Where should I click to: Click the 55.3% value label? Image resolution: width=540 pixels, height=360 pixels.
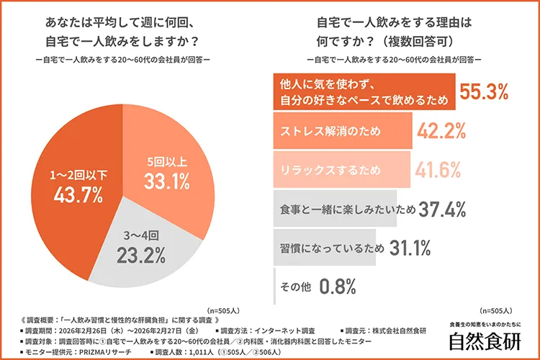(485, 92)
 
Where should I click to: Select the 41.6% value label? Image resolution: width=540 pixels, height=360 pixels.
(438, 171)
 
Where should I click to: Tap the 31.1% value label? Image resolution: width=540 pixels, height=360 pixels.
(410, 248)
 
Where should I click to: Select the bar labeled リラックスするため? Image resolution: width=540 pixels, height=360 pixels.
(341, 171)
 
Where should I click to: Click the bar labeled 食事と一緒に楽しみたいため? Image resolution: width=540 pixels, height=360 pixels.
(335, 210)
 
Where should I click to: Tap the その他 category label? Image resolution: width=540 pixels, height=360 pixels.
(295, 287)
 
